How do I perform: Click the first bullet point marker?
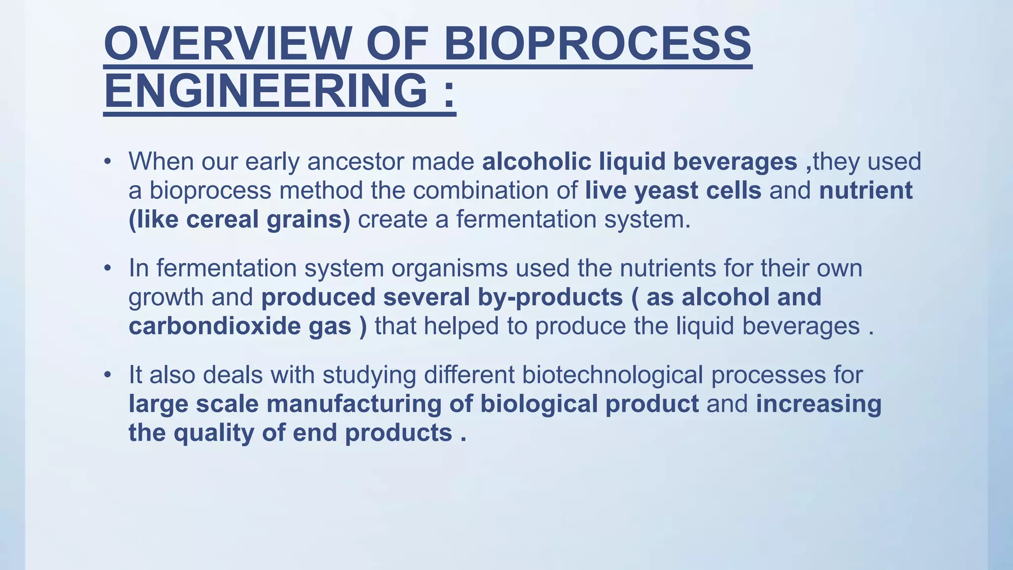(107, 162)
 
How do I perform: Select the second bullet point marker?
(107, 269)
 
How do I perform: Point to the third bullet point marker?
(107, 375)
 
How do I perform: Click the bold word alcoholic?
(537, 162)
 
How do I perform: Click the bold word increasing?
(819, 404)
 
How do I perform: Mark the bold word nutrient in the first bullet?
(866, 191)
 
